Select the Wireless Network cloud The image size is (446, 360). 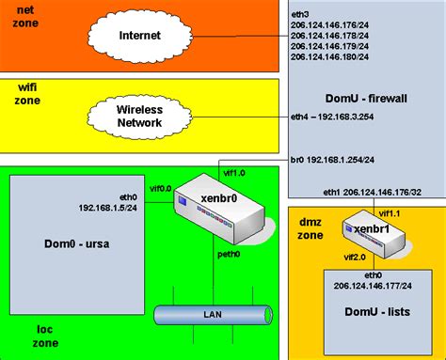pos(140,114)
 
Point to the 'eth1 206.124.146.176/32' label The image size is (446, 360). pos(375,192)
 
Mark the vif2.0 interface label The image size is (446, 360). pos(355,256)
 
